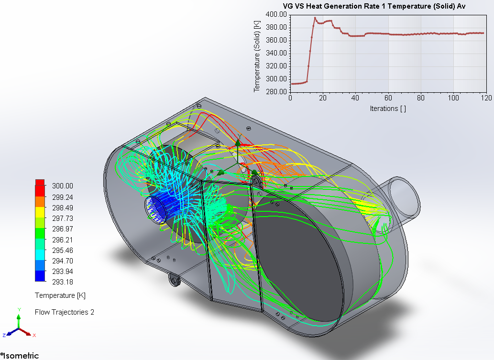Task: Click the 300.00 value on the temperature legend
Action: tap(62, 186)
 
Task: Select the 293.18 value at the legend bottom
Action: tap(62, 282)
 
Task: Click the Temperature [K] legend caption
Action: tap(60, 295)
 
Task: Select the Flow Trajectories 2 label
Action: tap(65, 312)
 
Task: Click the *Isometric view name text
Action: tap(20, 355)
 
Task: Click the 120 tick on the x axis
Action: tap(486, 98)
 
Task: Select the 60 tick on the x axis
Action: tap(388, 98)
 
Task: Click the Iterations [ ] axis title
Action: tap(388, 109)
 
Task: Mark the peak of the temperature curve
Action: tap(315, 18)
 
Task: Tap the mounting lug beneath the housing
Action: tap(174, 279)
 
